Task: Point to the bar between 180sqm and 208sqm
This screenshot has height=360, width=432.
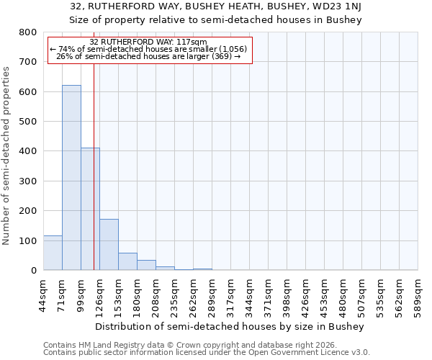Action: coord(146,265)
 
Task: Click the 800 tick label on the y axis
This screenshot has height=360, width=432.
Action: coord(27,32)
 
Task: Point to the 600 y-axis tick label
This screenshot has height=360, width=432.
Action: coord(27,92)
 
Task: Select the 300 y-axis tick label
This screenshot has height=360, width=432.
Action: coord(27,181)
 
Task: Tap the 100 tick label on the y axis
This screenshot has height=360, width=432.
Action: coord(27,240)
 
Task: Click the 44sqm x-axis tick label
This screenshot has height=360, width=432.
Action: coord(43,294)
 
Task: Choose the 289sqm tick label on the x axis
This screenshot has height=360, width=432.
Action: coord(212,294)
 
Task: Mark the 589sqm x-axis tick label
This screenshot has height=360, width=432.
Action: coord(418,294)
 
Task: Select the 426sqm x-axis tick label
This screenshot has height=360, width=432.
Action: coord(305,294)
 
